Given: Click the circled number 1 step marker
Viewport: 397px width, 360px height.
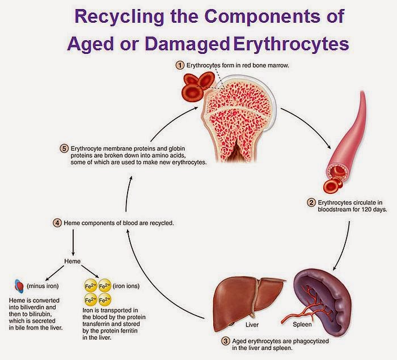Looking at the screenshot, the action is tap(180, 65).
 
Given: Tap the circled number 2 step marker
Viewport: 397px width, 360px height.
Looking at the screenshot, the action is tap(311, 202).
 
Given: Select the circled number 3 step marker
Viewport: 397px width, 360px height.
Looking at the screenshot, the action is tap(225, 341).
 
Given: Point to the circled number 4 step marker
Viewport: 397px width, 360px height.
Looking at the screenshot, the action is tap(57, 223).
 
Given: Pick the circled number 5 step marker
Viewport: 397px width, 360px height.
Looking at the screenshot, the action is tap(64, 149).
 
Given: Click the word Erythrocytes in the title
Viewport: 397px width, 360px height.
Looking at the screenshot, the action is tap(291, 44).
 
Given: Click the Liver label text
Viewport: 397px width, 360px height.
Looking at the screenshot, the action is tap(252, 324).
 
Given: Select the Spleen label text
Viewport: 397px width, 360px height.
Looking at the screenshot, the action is tap(302, 324).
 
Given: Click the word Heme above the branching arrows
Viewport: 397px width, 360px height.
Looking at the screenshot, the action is tap(73, 261).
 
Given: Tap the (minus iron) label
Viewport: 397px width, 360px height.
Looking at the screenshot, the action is tap(43, 286).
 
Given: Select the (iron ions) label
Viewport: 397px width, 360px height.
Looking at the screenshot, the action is tap(126, 286).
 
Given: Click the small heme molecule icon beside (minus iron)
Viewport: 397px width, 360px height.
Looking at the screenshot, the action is tap(19, 286).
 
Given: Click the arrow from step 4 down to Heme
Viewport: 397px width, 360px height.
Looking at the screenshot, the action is tap(73, 243).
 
